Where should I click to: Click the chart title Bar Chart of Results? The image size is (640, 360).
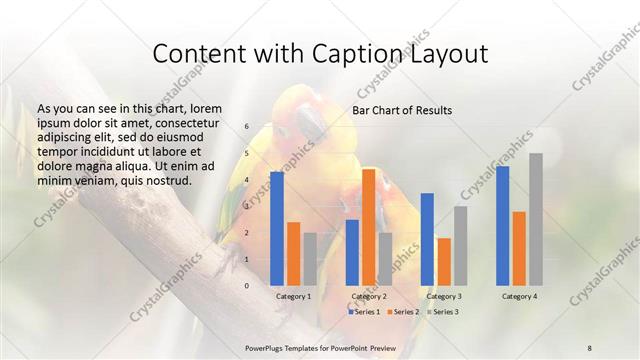point(401,110)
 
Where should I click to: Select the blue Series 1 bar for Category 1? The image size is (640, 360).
point(277,228)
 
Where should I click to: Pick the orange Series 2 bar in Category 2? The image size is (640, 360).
point(369,227)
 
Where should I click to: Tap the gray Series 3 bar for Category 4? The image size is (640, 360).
point(536,219)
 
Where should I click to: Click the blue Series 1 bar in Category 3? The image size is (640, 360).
point(427,239)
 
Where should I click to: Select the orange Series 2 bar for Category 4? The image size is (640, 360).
point(519,248)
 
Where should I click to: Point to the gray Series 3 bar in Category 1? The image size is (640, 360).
point(310,259)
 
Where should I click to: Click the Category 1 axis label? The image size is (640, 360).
point(293,297)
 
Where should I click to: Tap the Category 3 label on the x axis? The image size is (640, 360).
point(444,297)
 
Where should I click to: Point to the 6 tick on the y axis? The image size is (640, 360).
point(247,127)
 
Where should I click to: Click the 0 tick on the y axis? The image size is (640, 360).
point(247,286)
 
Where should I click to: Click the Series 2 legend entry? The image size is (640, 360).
point(404,312)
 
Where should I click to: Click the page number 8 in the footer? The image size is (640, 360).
point(589,346)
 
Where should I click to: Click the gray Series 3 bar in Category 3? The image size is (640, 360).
point(460,246)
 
